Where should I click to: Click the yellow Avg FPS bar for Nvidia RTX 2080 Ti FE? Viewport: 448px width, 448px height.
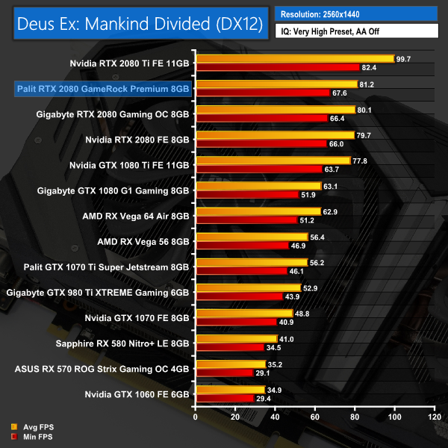pos(294,58)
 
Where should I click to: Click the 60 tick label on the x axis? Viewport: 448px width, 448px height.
pos(314,417)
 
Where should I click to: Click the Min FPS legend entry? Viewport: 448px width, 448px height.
pos(34,436)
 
